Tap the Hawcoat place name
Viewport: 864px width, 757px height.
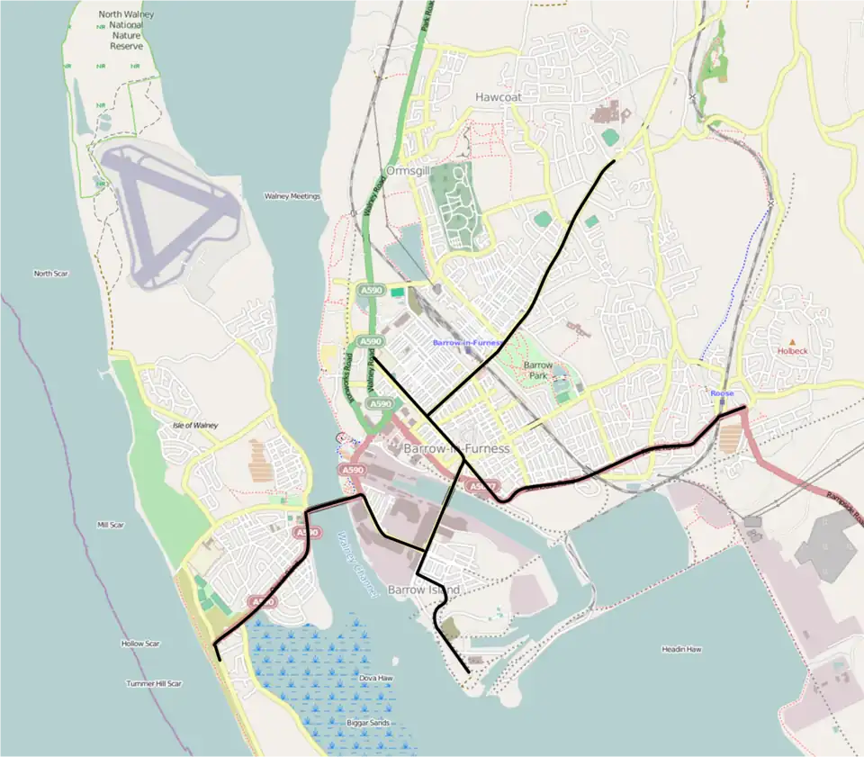tap(498, 96)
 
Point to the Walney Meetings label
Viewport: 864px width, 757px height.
tap(292, 195)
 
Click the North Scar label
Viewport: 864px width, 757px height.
tap(50, 274)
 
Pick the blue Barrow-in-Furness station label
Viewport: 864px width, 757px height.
tap(465, 343)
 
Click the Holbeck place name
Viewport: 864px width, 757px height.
tap(792, 351)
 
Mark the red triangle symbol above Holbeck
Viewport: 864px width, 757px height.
tap(792, 341)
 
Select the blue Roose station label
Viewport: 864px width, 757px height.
tap(721, 393)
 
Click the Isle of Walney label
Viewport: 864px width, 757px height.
tap(195, 425)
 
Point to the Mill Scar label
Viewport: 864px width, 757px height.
tap(110, 524)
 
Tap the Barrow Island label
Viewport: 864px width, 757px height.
tap(423, 590)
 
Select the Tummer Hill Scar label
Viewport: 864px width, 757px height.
tap(153, 683)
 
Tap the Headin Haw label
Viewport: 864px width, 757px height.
tap(681, 649)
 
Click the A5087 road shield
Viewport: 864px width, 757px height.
tap(480, 487)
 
